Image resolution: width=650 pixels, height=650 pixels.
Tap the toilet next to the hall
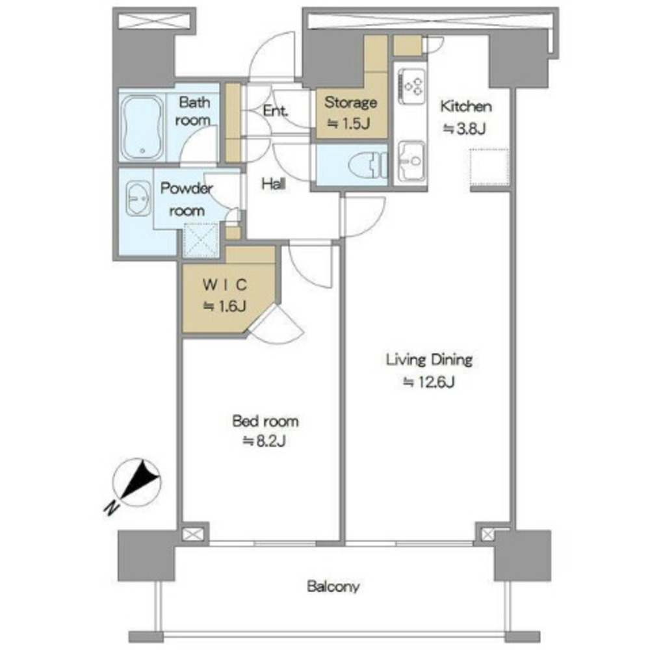coord(367,165)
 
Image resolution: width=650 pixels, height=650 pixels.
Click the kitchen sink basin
coord(411,161)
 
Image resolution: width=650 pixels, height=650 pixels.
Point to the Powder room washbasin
coord(138,198)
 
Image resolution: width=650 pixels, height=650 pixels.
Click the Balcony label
coord(333,586)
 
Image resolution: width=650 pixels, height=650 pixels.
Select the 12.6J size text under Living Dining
coord(430,382)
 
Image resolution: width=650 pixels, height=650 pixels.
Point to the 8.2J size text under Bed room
coord(265,441)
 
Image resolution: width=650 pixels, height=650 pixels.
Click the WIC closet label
coord(225,285)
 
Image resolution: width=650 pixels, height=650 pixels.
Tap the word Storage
coord(351,103)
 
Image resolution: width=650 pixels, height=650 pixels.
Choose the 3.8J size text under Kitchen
coord(465,129)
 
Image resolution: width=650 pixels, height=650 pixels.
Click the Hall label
coord(274,184)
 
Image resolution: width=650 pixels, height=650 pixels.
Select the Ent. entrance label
coord(276,110)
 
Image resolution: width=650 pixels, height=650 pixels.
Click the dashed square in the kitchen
coord(489,167)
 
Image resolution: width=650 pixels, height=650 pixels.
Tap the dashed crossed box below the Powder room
coord(201,240)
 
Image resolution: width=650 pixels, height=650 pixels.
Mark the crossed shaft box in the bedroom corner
coord(194,534)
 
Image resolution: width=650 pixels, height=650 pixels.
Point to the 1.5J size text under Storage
coord(348,123)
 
